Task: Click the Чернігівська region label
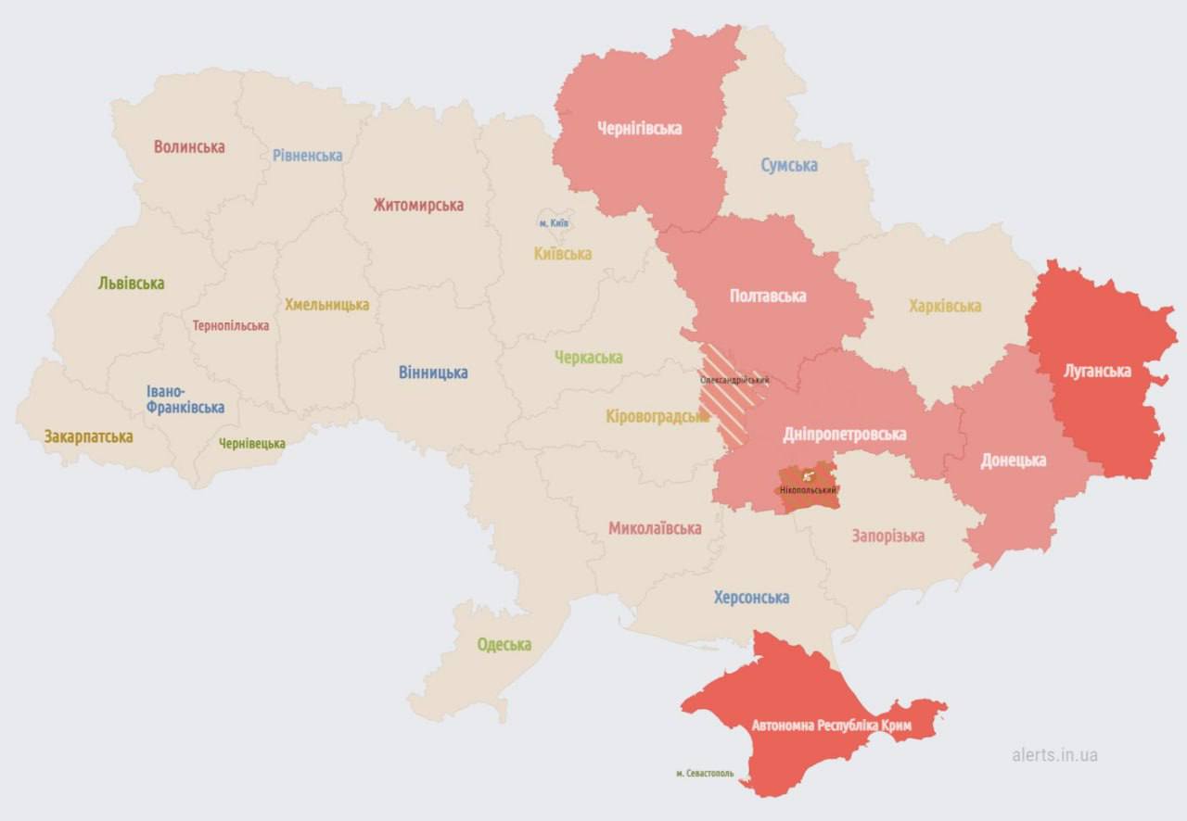pos(639,128)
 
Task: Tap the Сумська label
pos(789,165)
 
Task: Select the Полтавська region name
pos(768,296)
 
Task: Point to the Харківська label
pos(945,306)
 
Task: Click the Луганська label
pos(1097,371)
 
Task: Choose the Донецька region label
pos(1013,460)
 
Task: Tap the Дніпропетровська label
pos(845,434)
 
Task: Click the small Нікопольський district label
pos(808,489)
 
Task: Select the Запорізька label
pos(887,536)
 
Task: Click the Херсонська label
pos(751,597)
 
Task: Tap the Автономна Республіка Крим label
pos(832,726)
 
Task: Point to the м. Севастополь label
pos(705,773)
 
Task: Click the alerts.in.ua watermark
pos(1054,754)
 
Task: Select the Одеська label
pos(504,644)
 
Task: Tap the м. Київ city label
pos(554,223)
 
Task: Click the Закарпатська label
pos(88,436)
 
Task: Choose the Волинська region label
pos(189,146)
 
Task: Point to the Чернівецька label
pos(252,443)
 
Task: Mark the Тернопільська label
pos(231,325)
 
